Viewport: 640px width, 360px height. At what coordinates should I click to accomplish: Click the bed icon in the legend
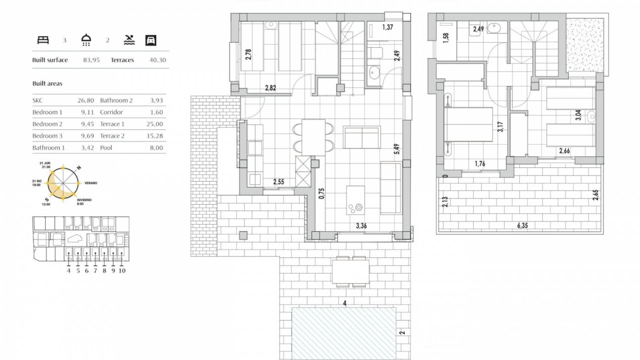(43, 40)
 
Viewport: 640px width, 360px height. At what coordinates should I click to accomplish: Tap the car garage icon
(151, 40)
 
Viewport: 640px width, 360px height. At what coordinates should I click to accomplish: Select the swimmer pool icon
(129, 40)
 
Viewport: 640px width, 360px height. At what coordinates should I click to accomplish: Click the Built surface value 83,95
(91, 60)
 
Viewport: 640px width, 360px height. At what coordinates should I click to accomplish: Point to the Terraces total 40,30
(158, 60)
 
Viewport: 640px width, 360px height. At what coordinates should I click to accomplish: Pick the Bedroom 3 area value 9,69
(87, 136)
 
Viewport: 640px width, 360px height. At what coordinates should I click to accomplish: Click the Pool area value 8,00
(156, 148)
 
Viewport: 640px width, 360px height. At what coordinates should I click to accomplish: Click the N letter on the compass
(79, 168)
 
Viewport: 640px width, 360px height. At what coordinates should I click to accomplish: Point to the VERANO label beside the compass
(91, 183)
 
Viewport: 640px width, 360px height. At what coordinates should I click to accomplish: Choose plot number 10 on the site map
(122, 271)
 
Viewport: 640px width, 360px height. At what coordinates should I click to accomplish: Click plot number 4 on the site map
(69, 271)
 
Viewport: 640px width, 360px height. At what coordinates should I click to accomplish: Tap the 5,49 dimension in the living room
(397, 149)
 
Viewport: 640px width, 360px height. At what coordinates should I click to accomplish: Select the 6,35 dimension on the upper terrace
(522, 226)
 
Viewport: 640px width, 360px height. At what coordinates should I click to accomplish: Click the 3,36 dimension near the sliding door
(361, 226)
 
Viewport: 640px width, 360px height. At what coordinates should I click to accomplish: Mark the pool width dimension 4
(345, 303)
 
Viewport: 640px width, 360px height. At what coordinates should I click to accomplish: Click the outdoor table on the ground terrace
(350, 271)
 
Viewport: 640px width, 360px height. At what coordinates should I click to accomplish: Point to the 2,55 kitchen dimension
(279, 182)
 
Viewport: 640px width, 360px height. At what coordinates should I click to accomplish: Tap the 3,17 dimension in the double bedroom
(500, 127)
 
